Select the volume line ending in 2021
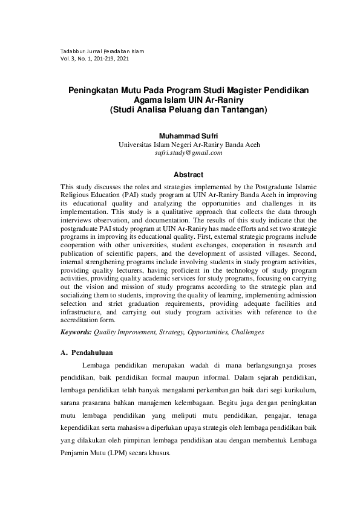(95, 59)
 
